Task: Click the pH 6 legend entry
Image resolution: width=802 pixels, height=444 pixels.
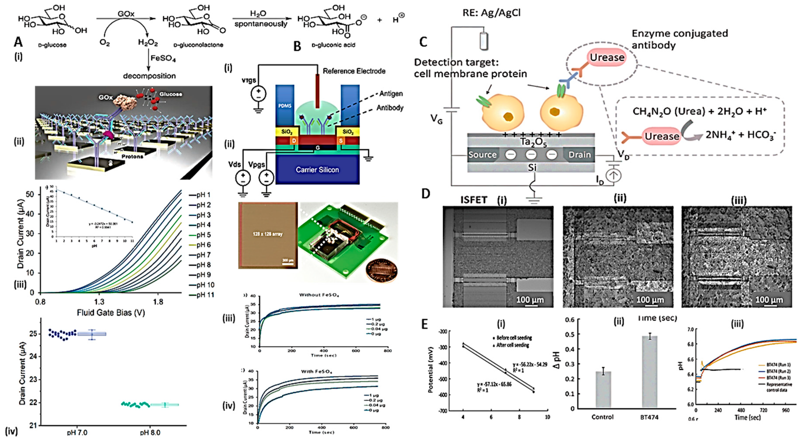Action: pos(204,245)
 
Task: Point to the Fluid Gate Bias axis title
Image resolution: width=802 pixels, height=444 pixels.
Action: pos(111,313)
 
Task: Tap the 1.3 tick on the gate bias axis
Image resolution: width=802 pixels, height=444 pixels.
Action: pos(99,302)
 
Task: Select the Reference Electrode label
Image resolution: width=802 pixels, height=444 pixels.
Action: pos(354,71)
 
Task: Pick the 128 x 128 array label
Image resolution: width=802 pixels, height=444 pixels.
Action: pos(267,234)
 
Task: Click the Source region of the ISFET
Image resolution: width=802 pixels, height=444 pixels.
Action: pos(482,155)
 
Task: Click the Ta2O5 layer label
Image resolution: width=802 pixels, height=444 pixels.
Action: pos(533,142)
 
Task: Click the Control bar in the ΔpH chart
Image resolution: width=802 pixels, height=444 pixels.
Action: pos(603,389)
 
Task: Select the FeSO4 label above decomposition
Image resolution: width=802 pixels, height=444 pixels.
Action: pos(163,58)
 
